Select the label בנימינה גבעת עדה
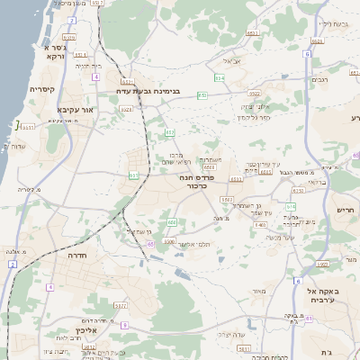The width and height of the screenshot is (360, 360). pyautogui.click(x=149, y=91)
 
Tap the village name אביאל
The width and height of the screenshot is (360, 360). pyautogui.click(x=231, y=61)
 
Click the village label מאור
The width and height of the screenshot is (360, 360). pyautogui.click(x=260, y=291)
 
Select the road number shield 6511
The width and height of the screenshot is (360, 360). pyautogui.click(x=254, y=32)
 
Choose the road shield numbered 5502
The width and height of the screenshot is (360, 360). pyautogui.click(x=227, y=199)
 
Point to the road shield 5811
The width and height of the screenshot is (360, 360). pyautogui.click(x=119, y=306)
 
